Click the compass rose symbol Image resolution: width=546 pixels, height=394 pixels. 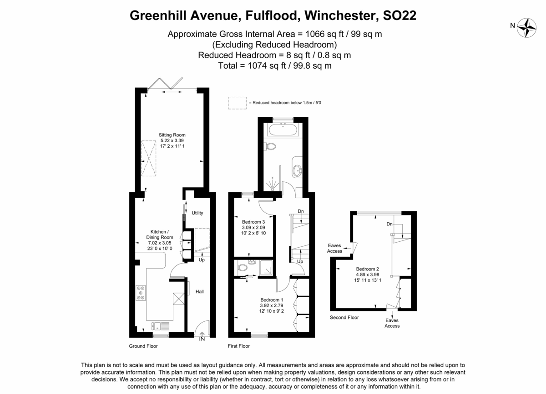[526, 28]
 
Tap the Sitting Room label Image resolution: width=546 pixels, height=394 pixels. [172, 135]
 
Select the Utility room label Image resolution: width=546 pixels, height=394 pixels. [197, 213]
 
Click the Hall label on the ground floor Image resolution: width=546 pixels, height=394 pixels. [200, 291]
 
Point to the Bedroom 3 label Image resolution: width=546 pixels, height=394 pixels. [253, 222]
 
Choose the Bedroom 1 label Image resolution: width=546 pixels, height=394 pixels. [272, 300]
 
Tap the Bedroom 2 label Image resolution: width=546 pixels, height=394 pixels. [368, 269]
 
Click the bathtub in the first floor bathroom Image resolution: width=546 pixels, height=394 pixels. [283, 130]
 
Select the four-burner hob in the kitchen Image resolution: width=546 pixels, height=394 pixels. [141, 293]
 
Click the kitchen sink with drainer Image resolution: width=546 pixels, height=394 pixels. [160, 326]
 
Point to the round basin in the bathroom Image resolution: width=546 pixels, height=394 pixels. [298, 170]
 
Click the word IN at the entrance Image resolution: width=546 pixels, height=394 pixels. [202, 339]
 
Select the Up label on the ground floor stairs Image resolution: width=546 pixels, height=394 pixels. [202, 260]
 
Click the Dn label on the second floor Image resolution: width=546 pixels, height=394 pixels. [389, 224]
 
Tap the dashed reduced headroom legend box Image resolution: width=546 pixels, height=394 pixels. [237, 103]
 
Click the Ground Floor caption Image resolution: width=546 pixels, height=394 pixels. [143, 346]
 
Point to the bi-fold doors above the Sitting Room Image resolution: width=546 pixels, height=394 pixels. [166, 84]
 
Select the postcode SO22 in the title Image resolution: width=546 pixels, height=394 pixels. [399, 15]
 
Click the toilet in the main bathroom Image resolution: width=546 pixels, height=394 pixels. [270, 146]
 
